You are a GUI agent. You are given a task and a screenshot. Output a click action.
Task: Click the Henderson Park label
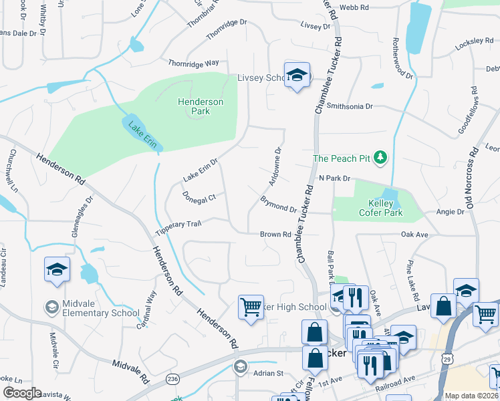tap(200, 106)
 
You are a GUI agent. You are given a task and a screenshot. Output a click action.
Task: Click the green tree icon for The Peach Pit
tap(381, 158)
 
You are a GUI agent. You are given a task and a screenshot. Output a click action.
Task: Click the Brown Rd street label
tap(275, 235)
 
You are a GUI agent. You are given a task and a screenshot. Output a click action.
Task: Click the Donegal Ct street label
tap(199, 197)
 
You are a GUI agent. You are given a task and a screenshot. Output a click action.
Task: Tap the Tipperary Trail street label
tap(178, 227)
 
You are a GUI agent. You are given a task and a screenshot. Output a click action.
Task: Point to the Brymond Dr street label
tap(278, 205)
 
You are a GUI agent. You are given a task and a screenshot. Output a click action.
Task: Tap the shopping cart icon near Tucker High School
tap(251, 307)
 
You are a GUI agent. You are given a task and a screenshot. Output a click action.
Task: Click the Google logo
tap(22, 393)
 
